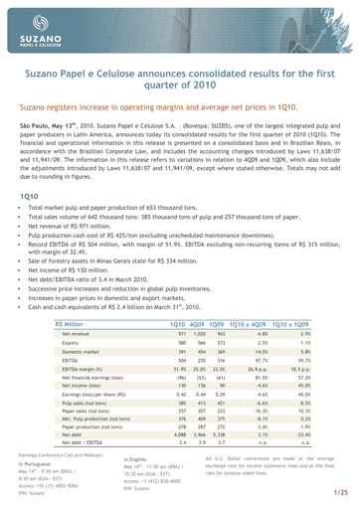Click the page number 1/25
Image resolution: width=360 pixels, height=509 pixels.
341,493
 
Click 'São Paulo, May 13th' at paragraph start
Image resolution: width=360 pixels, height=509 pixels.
53,100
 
